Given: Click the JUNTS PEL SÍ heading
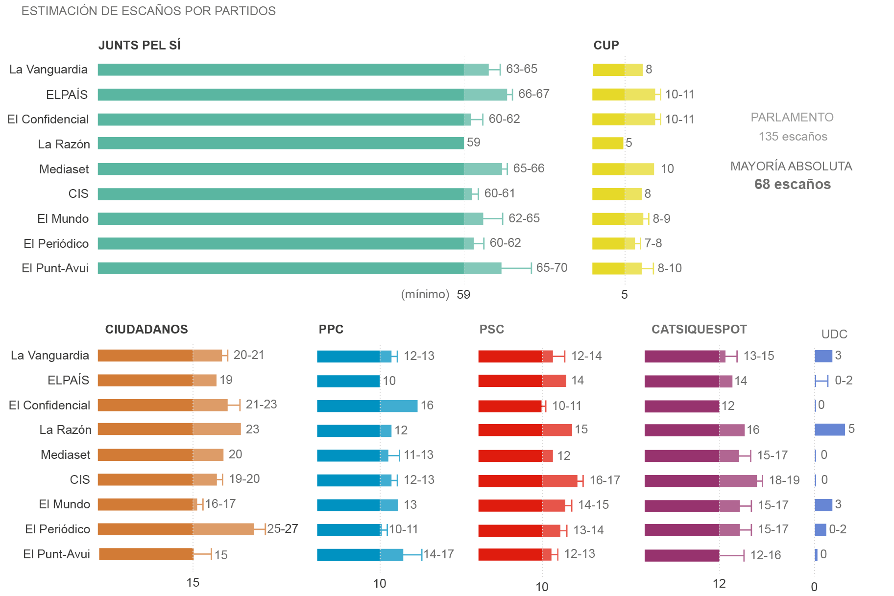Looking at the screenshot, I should point(140,45).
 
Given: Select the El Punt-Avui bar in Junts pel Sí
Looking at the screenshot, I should point(299,268).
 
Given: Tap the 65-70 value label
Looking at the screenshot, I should point(552,268).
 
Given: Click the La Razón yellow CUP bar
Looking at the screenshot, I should point(607,143).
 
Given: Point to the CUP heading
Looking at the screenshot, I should point(606,45).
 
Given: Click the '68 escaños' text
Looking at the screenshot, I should point(792,184).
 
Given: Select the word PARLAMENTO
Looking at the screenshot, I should point(792,118).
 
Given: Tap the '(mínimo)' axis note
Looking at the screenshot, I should point(425,294).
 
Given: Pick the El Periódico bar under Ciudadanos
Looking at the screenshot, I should point(175,529).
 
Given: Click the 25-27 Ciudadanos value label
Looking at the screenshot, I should point(283,529).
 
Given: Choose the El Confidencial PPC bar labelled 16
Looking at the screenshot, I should point(367,406).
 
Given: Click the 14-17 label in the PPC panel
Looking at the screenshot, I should point(438,554).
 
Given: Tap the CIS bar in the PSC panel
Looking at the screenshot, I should point(528,481).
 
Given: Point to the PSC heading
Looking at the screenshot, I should point(491,329).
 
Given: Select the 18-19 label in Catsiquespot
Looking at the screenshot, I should point(784,480).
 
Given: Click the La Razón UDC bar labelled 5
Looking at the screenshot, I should point(829,429).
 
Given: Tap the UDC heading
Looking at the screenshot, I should point(834,334).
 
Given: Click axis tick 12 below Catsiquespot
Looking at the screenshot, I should point(719,583).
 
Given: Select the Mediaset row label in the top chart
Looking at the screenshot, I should point(64,169).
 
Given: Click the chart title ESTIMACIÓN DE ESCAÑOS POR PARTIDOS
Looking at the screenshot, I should point(148,11).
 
